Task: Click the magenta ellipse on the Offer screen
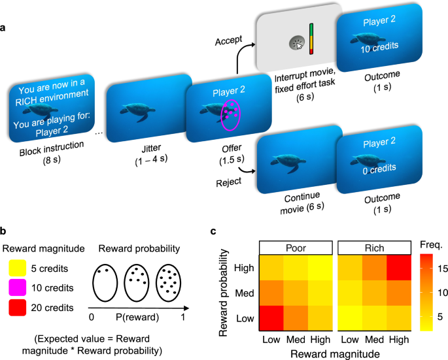pyautogui.click(x=231, y=115)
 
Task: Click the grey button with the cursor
pyautogui.click(x=296, y=44)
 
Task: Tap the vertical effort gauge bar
pyautogui.click(x=313, y=40)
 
